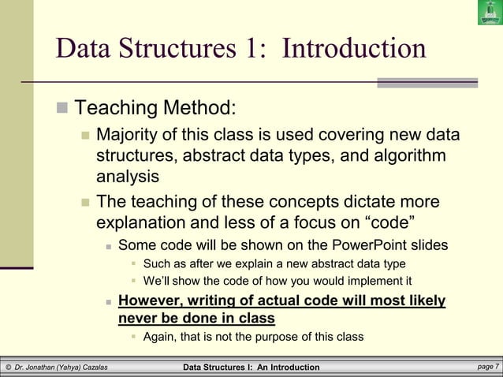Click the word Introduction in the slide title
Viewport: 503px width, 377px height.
tap(353, 49)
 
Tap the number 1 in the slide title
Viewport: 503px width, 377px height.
tap(251, 49)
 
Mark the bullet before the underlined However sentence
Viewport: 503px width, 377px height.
tap(109, 301)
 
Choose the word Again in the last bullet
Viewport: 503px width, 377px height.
tap(159, 337)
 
